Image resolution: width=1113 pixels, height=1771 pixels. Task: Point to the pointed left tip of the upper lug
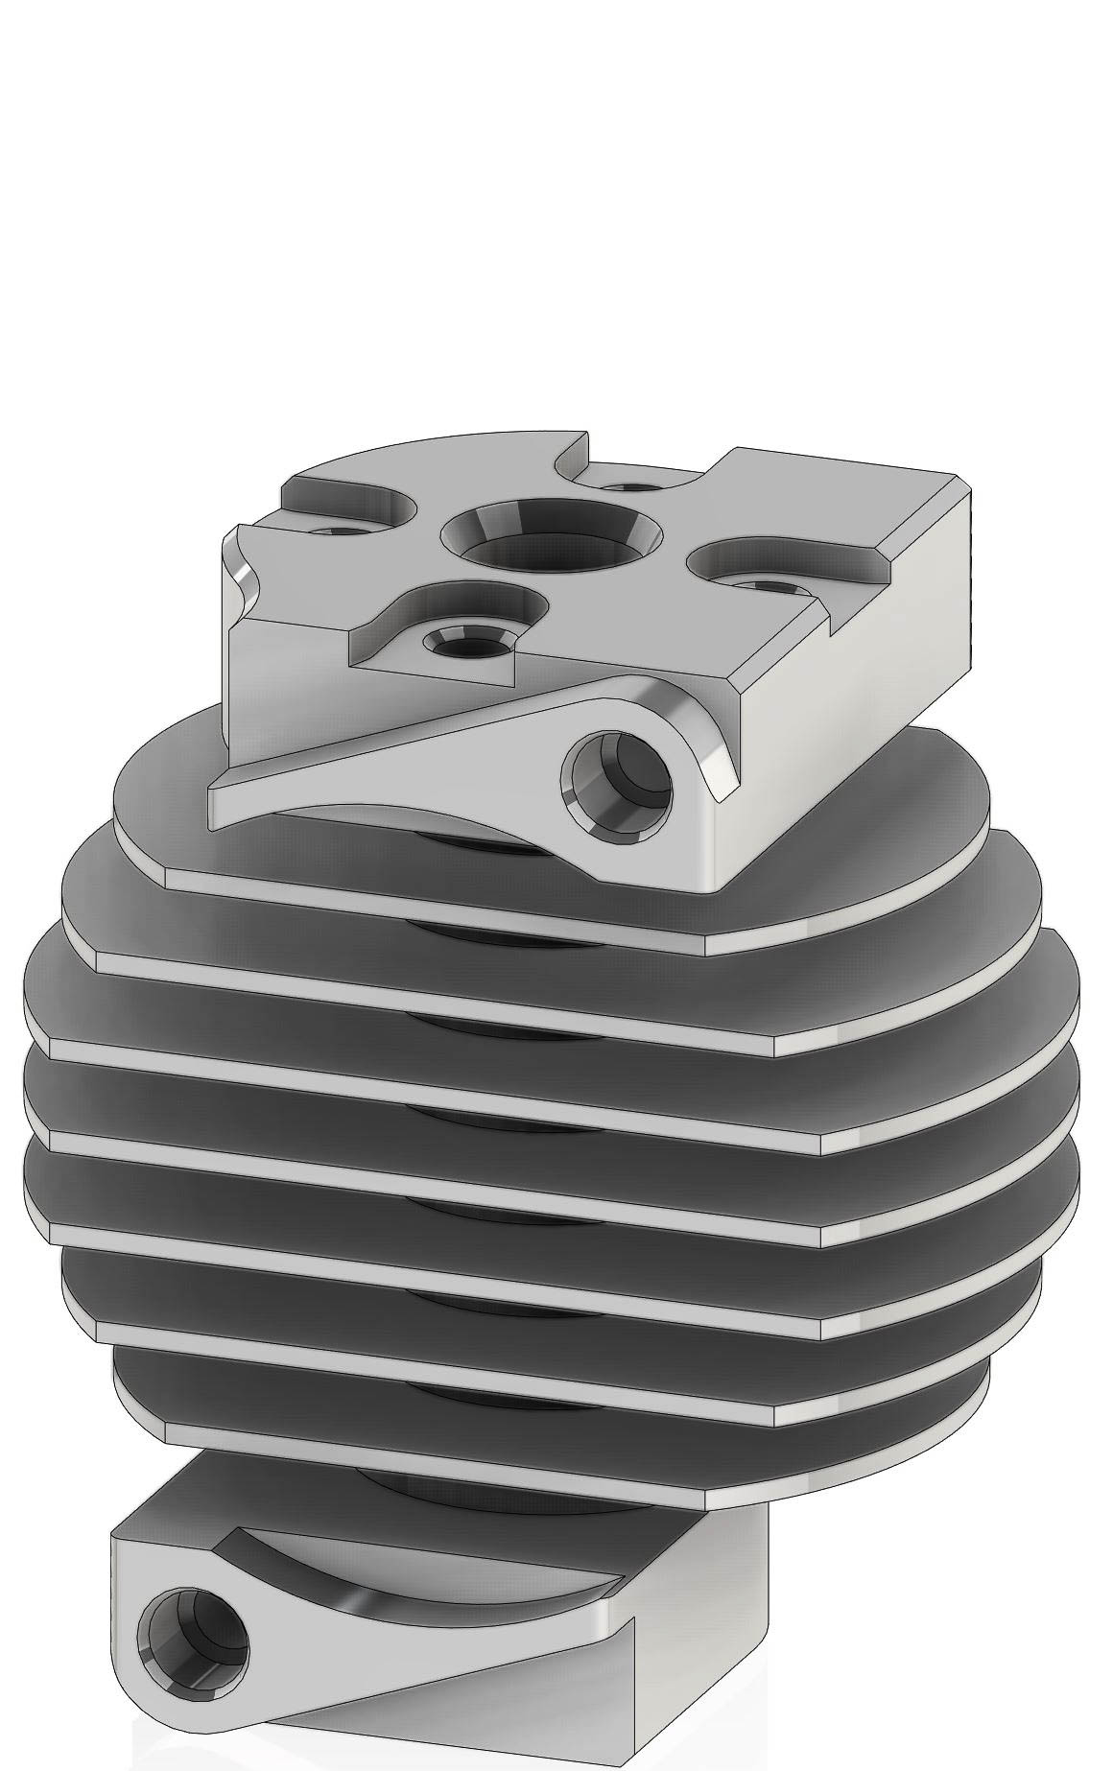219,789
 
